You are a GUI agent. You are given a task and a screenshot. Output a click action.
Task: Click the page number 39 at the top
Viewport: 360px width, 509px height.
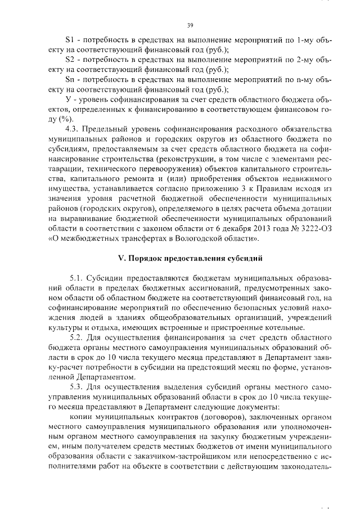click(190, 25)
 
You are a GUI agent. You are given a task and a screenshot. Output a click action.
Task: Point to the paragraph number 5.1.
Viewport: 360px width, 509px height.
click(76, 277)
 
